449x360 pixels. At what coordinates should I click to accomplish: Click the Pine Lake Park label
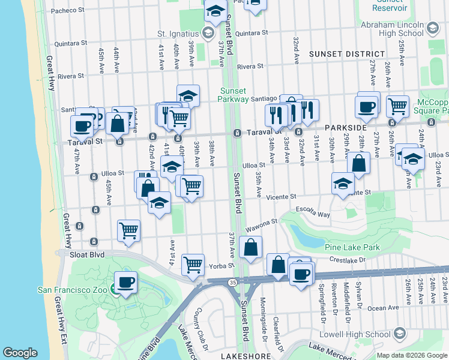click(x=352, y=247)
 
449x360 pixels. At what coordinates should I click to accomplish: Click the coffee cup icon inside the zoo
click(x=125, y=282)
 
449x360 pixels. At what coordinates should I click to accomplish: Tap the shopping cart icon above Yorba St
click(x=193, y=263)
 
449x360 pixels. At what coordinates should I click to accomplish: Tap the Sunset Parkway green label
click(x=233, y=95)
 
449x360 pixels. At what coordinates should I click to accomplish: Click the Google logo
click(x=20, y=353)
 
